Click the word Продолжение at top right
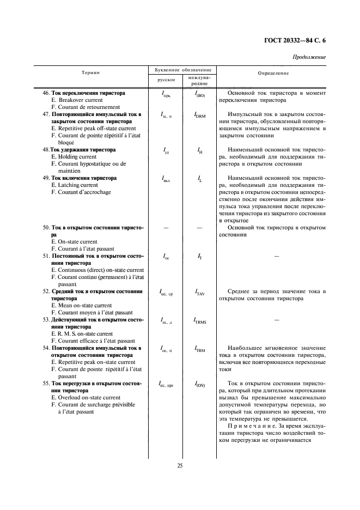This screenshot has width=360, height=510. (x=309, y=57)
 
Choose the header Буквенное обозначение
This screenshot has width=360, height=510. (x=180, y=70)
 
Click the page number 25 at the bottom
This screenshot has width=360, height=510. (x=180, y=465)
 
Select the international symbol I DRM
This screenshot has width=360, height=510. (x=199, y=116)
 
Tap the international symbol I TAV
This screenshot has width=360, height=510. (x=199, y=293)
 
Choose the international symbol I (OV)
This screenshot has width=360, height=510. (x=199, y=385)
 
